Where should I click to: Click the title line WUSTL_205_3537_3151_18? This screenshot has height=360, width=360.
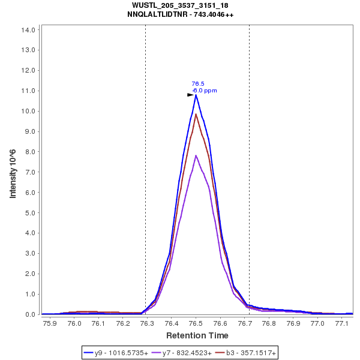(180, 5)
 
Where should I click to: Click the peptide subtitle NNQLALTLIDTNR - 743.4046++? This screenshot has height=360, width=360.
(180, 14)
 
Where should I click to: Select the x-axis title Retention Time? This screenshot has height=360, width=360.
(197, 335)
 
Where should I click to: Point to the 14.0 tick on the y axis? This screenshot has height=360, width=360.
(31, 29)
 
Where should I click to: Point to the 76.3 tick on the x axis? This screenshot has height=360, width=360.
(148, 323)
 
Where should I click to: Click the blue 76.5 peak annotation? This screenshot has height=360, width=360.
(198, 83)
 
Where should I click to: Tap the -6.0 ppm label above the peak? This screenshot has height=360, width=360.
(205, 91)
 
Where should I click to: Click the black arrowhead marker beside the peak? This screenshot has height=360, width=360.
(190, 95)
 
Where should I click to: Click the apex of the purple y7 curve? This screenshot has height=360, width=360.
(196, 156)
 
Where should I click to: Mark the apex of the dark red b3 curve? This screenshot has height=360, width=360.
(196, 114)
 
